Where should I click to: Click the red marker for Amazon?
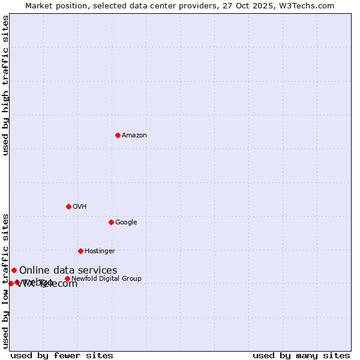click(118, 135)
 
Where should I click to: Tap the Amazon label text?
click(134, 136)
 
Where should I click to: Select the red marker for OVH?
click(68, 206)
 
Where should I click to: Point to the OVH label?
click(80, 207)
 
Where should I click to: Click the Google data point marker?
click(111, 222)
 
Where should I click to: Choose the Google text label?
click(126, 223)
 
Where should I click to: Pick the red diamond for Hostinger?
click(80, 251)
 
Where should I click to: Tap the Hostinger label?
click(100, 251)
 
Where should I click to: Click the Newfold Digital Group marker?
click(67, 278)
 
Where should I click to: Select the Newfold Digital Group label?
click(106, 279)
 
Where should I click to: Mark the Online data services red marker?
click(14, 270)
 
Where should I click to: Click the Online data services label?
click(68, 271)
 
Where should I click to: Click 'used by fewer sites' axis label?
click(62, 355)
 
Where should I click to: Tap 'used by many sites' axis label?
click(301, 355)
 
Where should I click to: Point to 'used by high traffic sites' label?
click(5, 85)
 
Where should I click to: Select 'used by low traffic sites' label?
click(5, 280)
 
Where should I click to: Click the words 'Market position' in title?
click(55, 5)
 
